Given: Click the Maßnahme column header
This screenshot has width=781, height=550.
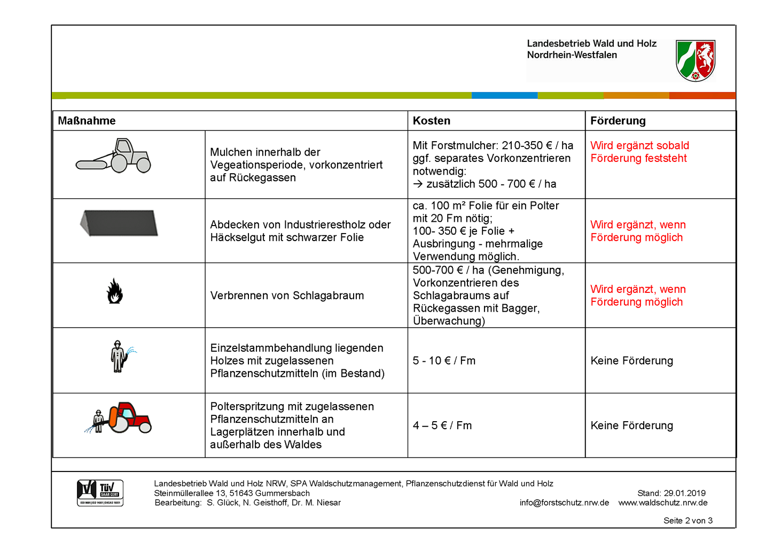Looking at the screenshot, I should (x=87, y=121).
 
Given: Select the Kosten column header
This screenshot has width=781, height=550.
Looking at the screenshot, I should (x=431, y=121).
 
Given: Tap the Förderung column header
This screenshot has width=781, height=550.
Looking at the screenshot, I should (x=618, y=121).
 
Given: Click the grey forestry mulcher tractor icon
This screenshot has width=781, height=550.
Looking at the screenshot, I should (x=114, y=156).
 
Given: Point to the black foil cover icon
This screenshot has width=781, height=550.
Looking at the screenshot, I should (x=119, y=222).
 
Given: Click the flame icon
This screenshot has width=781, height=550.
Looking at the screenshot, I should (x=115, y=291).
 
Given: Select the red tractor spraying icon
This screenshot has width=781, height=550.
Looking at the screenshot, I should (x=119, y=418).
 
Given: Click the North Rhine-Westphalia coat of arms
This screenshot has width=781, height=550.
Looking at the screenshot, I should (x=695, y=60).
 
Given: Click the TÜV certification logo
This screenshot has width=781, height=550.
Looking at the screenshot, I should (x=100, y=492).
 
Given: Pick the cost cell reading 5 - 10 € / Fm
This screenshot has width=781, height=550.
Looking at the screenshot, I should (x=444, y=361).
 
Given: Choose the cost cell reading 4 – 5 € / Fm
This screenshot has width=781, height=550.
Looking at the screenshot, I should (x=442, y=425).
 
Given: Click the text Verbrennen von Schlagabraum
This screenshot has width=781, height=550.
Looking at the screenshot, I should (x=287, y=296).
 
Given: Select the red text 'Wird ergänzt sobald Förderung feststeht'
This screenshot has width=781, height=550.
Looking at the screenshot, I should (x=639, y=152).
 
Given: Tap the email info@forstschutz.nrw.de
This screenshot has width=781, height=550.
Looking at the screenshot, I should (x=564, y=503).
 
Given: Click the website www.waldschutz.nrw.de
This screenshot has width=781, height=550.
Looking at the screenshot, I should (x=663, y=503).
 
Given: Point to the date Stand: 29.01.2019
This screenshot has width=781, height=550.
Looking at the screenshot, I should (x=671, y=493).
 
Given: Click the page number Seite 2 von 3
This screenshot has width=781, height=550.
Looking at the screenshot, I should (x=688, y=521).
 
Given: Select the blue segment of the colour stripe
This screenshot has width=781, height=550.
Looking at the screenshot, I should (x=504, y=96).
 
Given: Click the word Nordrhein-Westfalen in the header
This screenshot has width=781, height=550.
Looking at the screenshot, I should (x=572, y=55).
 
